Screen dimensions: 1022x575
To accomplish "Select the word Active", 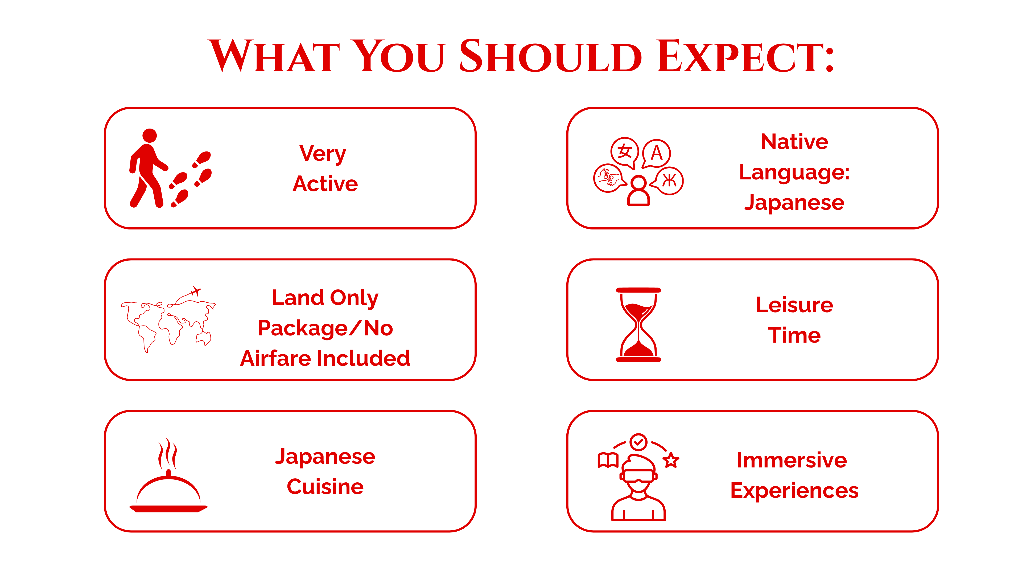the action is point(325,184).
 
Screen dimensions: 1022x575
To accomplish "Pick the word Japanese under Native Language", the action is point(794,203).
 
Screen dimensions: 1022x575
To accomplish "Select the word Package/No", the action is point(325,328).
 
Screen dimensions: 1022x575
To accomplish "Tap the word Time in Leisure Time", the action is point(794,335).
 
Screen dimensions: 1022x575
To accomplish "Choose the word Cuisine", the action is point(325,487).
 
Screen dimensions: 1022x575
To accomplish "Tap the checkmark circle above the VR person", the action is point(638,442).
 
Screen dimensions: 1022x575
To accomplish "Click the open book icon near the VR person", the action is point(608,460).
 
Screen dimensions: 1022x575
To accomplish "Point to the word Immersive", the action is point(792,460).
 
